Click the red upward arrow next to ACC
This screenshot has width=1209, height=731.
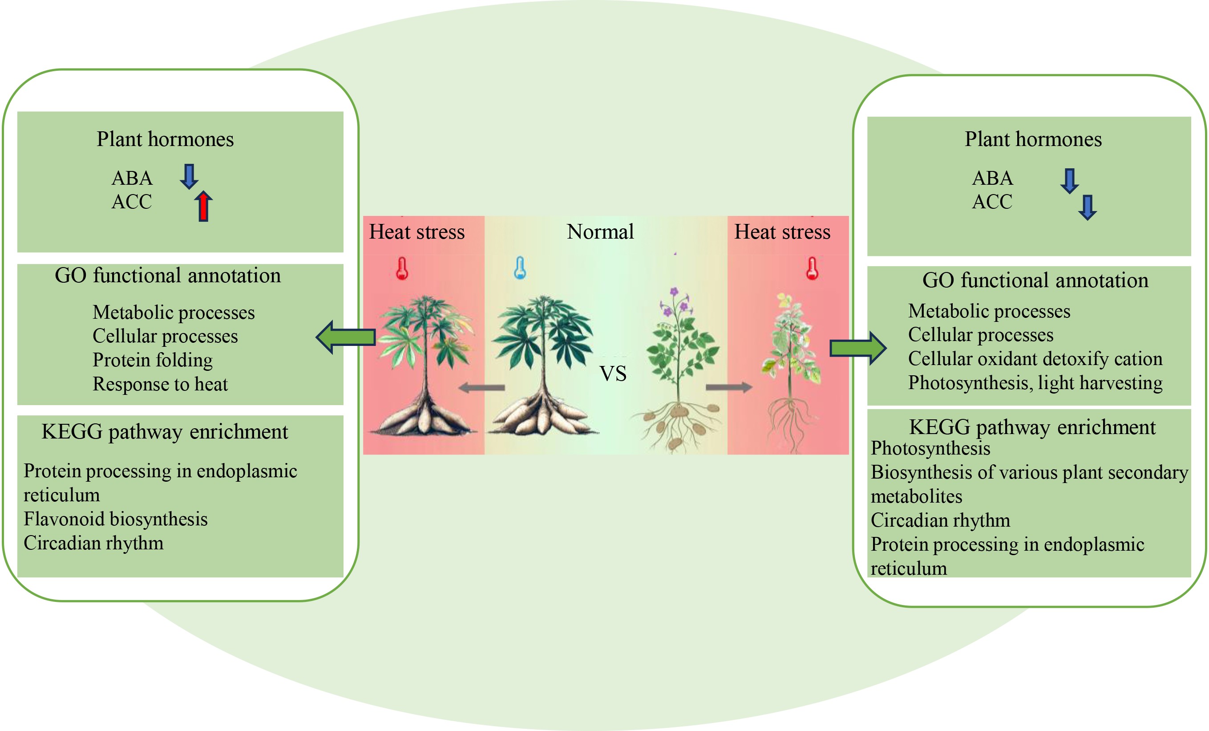pyautogui.click(x=203, y=207)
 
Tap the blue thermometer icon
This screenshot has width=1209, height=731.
pyautogui.click(x=520, y=268)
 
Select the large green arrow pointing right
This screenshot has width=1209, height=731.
pyautogui.click(x=857, y=348)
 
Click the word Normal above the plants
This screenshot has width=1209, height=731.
pyautogui.click(x=600, y=231)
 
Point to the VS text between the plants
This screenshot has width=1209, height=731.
pyautogui.click(x=613, y=374)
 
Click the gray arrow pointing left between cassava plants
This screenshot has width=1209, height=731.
pyautogui.click(x=481, y=388)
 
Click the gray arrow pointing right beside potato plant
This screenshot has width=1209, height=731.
pyautogui.click(x=728, y=387)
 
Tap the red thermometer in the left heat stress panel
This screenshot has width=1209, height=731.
pyautogui.click(x=402, y=268)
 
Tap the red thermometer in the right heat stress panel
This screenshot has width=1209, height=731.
pyautogui.click(x=812, y=268)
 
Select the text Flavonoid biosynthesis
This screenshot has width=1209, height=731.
pyautogui.click(x=115, y=519)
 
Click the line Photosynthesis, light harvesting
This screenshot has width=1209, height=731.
pyautogui.click(x=1035, y=383)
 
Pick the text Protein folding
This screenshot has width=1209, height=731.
pyautogui.click(x=153, y=360)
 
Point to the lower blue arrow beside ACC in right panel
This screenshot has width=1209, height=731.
pyautogui.click(x=1088, y=207)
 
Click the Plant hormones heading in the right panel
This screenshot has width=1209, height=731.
pyautogui.click(x=1033, y=139)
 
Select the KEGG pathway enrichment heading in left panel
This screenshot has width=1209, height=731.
pyautogui.click(x=164, y=431)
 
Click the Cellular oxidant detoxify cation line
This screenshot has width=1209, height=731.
pyautogui.click(x=1035, y=359)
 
